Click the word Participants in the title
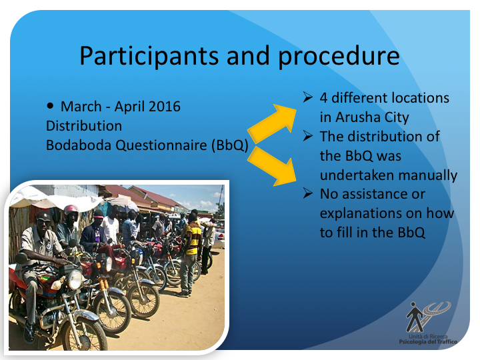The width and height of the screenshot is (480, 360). pos(149,56)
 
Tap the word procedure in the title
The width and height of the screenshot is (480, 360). pos(339,56)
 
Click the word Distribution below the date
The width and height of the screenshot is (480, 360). pos(84,126)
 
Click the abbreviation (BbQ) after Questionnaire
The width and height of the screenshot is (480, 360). pos(229,145)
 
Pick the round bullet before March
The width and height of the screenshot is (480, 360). pos(50,106)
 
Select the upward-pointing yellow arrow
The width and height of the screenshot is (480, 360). pos(273,123)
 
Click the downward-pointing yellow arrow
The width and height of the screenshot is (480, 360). pos(273,166)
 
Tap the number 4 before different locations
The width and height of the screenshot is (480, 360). pos(323,98)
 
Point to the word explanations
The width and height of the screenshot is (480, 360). pos(361,214)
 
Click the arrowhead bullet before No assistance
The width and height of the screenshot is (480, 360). pos(307,193)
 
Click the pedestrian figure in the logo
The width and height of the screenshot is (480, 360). pos(415,317)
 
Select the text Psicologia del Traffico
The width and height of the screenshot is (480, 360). pos(428,341)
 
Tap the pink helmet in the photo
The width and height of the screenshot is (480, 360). pos(71,210)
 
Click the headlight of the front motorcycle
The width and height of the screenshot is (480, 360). pos(75,279)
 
